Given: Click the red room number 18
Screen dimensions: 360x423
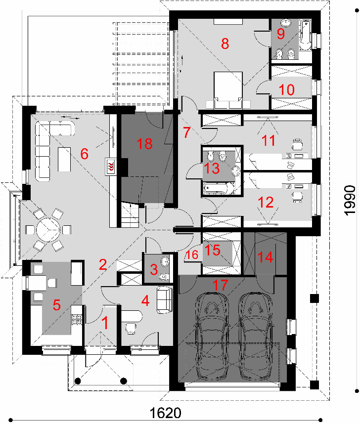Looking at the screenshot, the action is coord(145,143).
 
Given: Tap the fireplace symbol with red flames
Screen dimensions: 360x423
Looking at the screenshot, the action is coord(111,167).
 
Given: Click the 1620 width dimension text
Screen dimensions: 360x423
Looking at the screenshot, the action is coord(166,413).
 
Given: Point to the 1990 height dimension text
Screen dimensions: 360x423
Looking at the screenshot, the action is coord(350,200).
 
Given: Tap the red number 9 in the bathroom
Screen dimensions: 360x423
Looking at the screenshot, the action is coord(281,34).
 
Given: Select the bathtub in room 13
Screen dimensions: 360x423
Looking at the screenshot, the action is coord(219,189).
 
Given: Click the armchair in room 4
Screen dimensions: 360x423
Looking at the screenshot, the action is coord(165,300).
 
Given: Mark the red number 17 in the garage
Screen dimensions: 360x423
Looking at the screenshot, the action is coord(220,285).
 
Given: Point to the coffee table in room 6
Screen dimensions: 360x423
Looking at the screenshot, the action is coord(64,159).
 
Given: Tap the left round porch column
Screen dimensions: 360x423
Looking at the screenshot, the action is coord(78,381).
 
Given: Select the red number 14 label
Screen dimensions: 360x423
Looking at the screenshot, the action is coord(265,257).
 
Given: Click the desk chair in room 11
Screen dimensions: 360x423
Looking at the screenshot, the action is coord(297,144).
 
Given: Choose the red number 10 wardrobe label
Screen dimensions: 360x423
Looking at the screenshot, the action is coord(286,89).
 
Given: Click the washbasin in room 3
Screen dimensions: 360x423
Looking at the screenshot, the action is coord(165,261).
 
